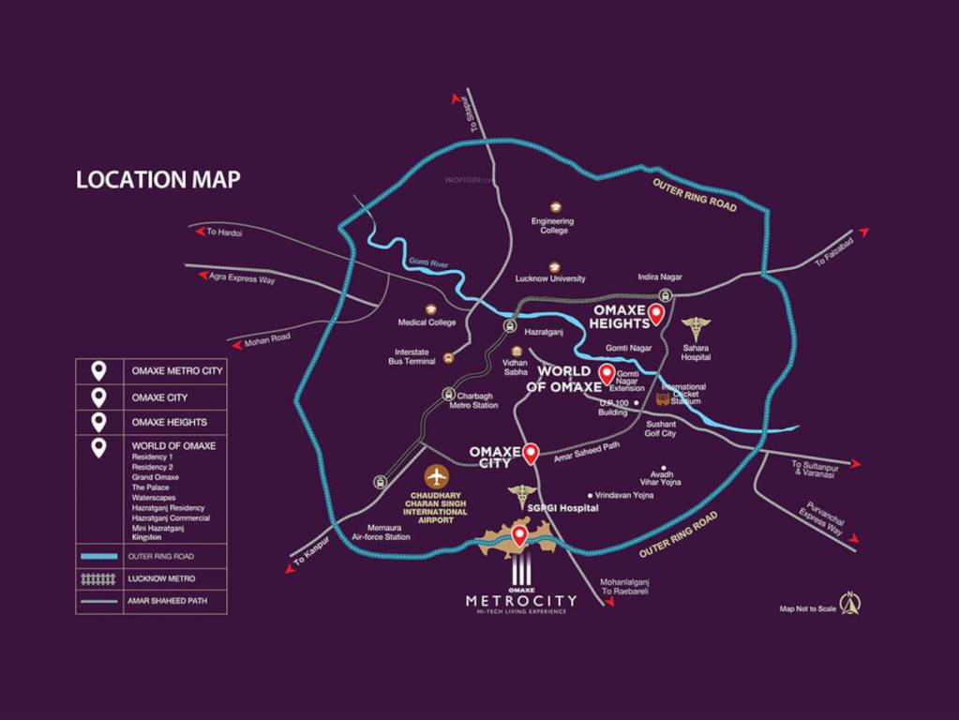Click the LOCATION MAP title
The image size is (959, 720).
click(157, 179)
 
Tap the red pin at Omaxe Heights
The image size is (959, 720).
click(656, 314)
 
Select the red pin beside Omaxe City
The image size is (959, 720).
click(531, 453)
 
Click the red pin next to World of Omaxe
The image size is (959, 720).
click(607, 378)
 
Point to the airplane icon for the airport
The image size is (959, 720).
click(436, 475)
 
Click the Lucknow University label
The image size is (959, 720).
click(550, 278)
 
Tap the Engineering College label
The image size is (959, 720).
click(552, 226)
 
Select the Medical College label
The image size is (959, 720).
click(427, 322)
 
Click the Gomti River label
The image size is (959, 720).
click(428, 263)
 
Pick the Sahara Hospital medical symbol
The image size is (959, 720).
click(697, 328)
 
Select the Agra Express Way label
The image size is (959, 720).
click(242, 277)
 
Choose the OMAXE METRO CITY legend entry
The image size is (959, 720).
click(175, 371)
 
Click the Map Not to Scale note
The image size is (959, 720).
click(808, 608)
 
